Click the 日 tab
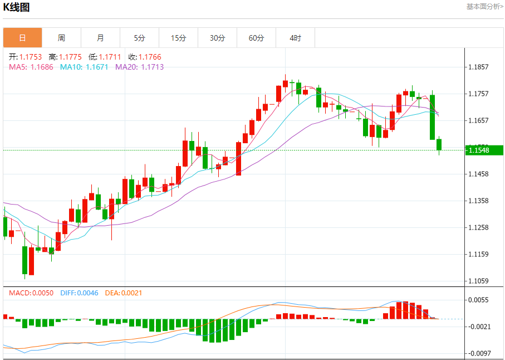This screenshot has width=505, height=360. (22, 38)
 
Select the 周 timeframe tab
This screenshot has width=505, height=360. (61, 38)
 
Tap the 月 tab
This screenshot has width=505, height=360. (100, 38)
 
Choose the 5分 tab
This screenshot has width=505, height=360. (139, 38)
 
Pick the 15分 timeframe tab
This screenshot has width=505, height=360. (178, 38)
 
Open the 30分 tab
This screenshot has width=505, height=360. (217, 38)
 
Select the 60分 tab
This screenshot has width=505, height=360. (256, 38)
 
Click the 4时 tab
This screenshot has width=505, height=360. (295, 38)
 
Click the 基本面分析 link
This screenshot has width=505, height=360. (484, 7)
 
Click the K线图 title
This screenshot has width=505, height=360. (17, 7)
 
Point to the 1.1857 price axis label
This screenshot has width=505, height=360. (479, 67)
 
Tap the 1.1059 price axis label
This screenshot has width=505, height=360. (479, 281)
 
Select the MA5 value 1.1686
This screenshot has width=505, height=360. (42, 67)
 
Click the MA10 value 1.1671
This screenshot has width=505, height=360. (97, 67)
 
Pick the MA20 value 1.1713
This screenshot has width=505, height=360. (152, 67)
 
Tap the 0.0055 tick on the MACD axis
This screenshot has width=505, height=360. (479, 300)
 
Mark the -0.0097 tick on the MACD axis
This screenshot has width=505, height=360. (479, 353)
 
